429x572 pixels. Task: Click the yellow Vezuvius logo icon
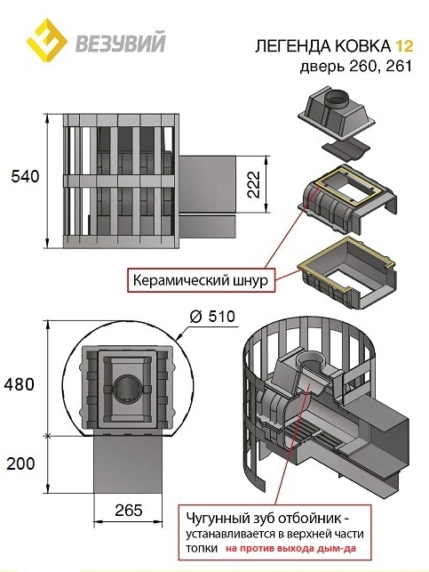(x=46, y=39)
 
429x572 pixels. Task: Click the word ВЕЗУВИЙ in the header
(x=121, y=43)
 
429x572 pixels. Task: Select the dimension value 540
(x=25, y=176)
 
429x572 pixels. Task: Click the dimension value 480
(x=19, y=384)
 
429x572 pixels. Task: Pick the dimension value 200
(x=20, y=463)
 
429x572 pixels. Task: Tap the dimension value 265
(x=128, y=510)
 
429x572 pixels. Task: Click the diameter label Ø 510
(x=212, y=316)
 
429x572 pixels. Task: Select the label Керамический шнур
(x=200, y=280)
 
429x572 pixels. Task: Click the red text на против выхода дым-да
(x=290, y=548)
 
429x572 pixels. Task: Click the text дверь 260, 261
(x=356, y=67)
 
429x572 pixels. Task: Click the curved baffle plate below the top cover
(x=346, y=149)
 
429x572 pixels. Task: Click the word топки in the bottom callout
(x=203, y=548)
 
